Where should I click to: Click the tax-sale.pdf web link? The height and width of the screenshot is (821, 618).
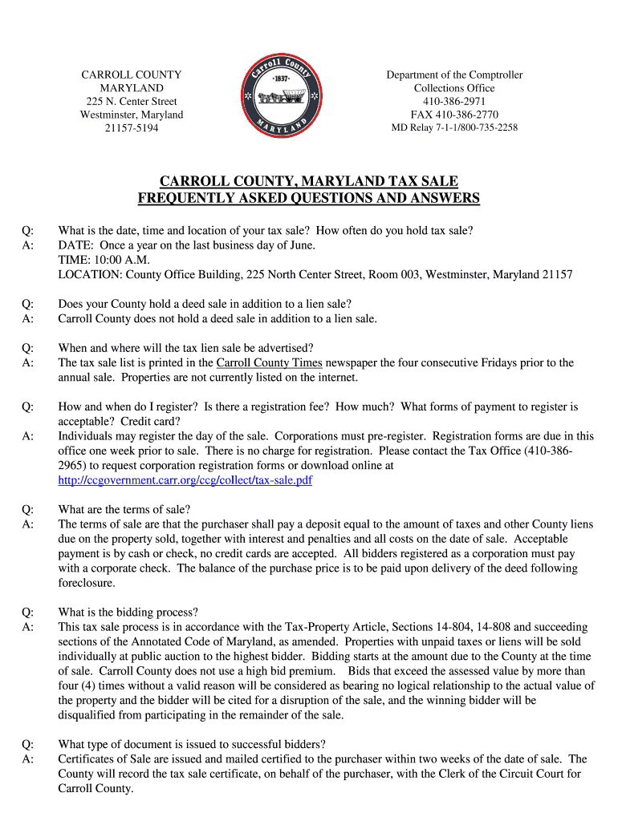click(185, 480)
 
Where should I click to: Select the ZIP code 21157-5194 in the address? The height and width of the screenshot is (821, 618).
click(132, 128)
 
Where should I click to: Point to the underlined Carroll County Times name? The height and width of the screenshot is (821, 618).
click(269, 362)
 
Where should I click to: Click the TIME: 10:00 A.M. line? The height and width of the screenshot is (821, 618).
click(104, 260)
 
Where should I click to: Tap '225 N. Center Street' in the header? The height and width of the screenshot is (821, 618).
click(132, 101)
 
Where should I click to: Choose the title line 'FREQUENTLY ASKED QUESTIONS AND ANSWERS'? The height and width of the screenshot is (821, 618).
click(308, 199)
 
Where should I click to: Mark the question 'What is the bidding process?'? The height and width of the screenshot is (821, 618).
click(128, 612)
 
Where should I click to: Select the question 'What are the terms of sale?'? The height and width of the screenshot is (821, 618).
click(124, 509)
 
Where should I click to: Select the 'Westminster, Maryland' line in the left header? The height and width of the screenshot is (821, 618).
click(132, 115)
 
